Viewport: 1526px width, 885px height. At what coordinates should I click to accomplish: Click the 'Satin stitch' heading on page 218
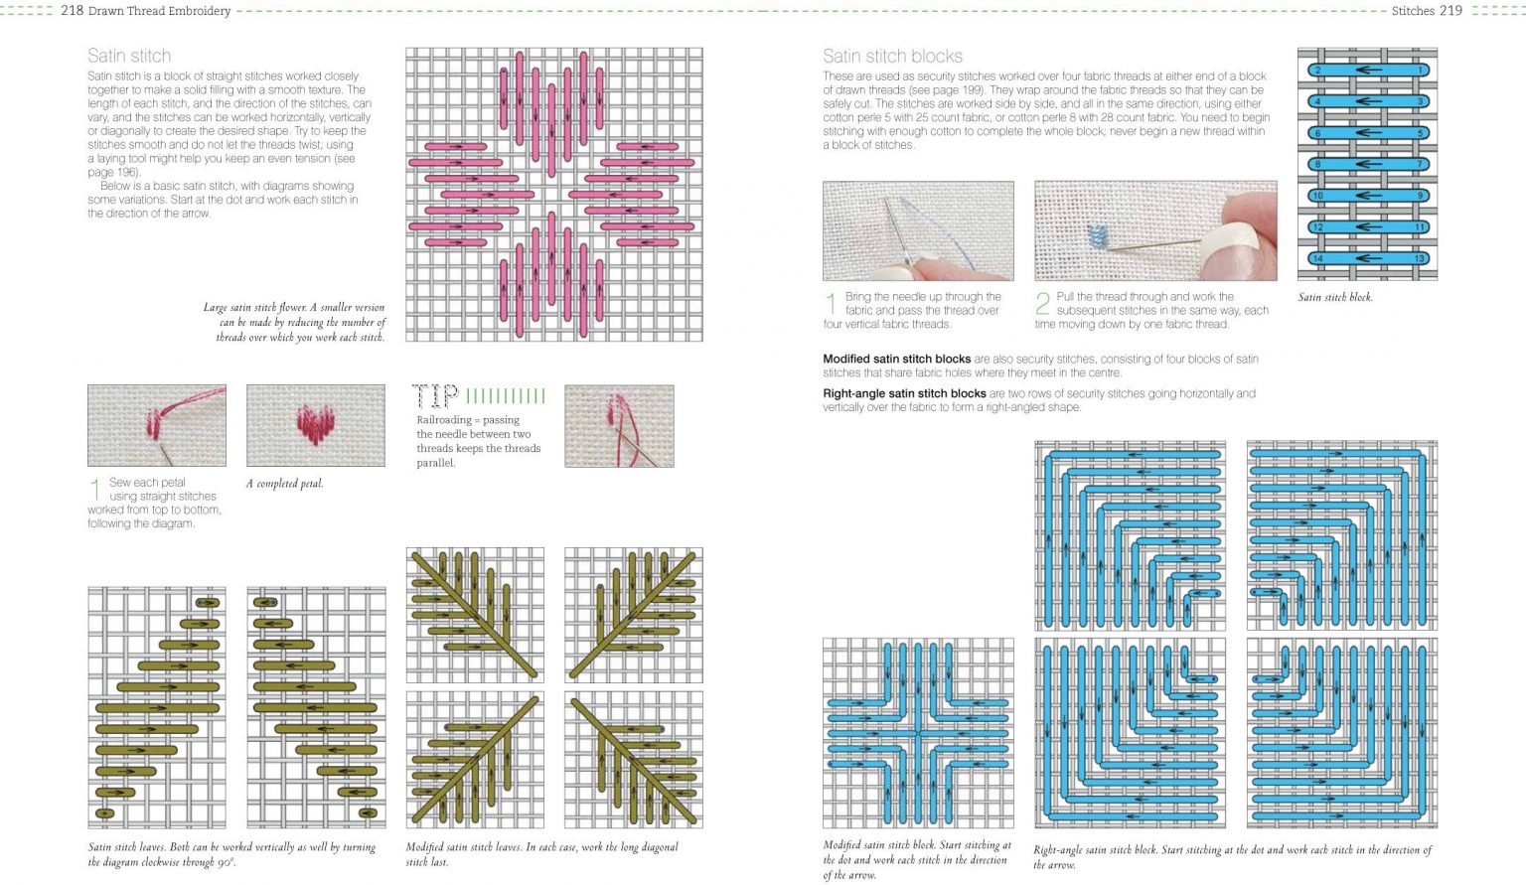[129, 56]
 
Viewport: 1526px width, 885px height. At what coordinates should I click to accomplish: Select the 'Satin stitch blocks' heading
[892, 56]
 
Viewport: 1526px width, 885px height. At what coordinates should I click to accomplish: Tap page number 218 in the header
[72, 11]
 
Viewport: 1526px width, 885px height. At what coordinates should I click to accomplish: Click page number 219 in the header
[1450, 11]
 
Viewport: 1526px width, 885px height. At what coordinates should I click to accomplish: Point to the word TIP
[435, 397]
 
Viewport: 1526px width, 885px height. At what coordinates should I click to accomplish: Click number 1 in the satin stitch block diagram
[1421, 71]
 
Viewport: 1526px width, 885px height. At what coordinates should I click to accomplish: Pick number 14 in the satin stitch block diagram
[1317, 259]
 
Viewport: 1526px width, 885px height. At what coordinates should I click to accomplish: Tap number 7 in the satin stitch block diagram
[1421, 165]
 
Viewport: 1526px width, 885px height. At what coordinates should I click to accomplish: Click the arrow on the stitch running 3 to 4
[1368, 101]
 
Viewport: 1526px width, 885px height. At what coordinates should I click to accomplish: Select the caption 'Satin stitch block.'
[1335, 297]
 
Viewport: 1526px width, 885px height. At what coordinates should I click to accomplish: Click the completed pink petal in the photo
[315, 426]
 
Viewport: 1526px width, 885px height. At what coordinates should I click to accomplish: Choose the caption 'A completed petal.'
[284, 484]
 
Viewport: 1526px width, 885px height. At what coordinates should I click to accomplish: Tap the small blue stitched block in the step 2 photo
[1098, 235]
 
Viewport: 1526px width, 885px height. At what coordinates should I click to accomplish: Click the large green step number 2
[1042, 303]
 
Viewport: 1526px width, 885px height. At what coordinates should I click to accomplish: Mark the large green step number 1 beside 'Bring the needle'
[831, 303]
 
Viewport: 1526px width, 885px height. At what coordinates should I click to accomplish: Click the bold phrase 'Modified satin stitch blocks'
[896, 359]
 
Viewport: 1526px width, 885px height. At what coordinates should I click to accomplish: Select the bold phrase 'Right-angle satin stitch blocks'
[904, 393]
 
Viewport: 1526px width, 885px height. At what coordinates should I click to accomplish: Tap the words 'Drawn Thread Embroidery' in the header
[159, 11]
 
